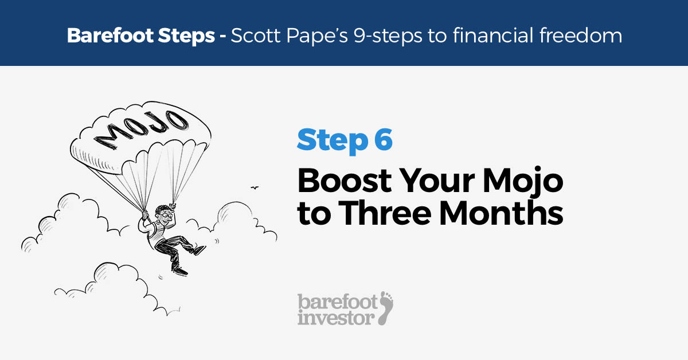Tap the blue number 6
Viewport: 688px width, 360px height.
[x=383, y=141]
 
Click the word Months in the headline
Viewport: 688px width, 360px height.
[x=505, y=213]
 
